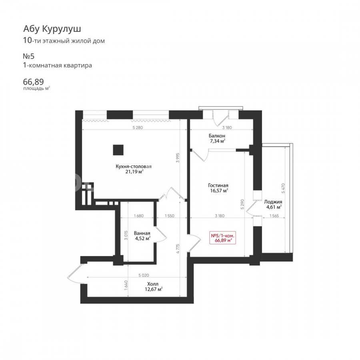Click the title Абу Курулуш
click(52, 29)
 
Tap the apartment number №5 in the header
click(29, 56)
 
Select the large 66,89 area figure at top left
click(33, 82)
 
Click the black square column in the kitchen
click(118, 150)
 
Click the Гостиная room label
click(218, 185)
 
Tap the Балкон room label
click(217, 136)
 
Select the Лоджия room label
click(273, 202)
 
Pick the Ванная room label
click(142, 233)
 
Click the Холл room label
click(153, 284)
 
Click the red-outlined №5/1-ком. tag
click(223, 238)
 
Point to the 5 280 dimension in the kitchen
click(138, 128)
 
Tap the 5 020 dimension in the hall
click(144, 275)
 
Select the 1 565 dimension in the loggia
click(274, 216)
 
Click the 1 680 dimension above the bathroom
click(138, 216)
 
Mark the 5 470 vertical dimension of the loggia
click(283, 188)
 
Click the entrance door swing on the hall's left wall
click(75, 274)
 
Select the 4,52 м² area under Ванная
click(143, 238)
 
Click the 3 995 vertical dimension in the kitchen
click(178, 158)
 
